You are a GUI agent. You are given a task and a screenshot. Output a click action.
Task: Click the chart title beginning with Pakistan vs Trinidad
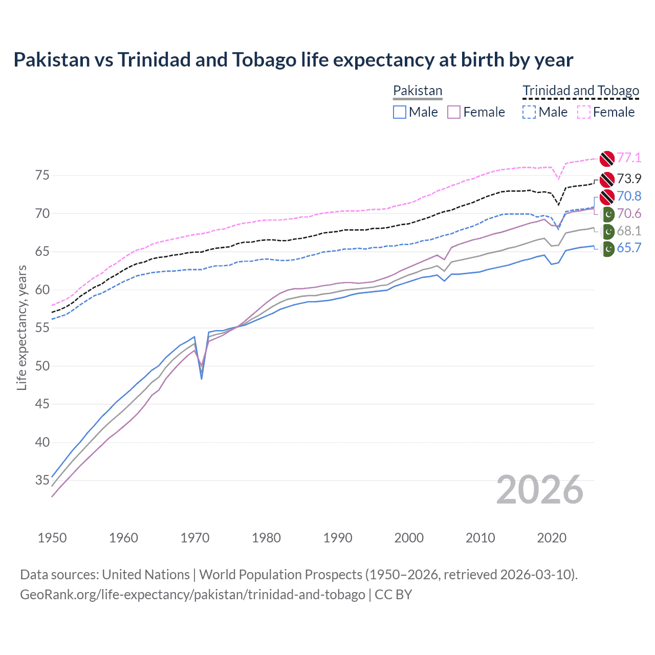click(x=293, y=60)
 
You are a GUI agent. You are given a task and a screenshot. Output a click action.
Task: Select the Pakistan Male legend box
click(x=400, y=112)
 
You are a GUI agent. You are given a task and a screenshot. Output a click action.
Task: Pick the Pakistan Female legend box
click(x=454, y=112)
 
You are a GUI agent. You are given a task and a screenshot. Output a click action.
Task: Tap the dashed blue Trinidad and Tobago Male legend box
click(x=529, y=112)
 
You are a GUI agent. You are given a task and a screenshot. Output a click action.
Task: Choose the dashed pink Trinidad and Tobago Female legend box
click(x=584, y=112)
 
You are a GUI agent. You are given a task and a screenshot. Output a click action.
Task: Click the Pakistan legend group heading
click(x=418, y=91)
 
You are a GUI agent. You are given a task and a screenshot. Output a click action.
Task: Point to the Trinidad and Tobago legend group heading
click(x=581, y=91)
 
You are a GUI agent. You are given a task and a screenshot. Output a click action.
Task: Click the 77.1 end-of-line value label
click(x=629, y=158)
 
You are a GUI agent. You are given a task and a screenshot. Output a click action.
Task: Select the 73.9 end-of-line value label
click(x=629, y=179)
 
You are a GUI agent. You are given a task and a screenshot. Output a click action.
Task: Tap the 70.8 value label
click(x=629, y=196)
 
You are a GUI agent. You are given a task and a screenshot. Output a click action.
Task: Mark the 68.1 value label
click(x=629, y=231)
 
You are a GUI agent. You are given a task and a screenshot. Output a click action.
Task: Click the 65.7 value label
click(x=629, y=248)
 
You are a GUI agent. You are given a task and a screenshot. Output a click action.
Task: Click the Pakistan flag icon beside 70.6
click(x=608, y=214)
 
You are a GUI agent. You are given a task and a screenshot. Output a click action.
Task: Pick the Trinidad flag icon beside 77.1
click(x=607, y=159)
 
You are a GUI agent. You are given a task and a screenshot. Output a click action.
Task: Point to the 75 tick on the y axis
click(x=42, y=176)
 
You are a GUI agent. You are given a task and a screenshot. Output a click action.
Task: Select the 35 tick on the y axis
click(x=42, y=480)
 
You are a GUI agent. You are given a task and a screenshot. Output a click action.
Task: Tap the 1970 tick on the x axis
click(x=195, y=538)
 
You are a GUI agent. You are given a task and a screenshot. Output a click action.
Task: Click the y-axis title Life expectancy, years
click(x=21, y=327)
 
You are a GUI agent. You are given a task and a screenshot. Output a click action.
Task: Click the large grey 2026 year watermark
click(x=540, y=490)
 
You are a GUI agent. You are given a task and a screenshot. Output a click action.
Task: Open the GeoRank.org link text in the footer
click(x=192, y=595)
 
